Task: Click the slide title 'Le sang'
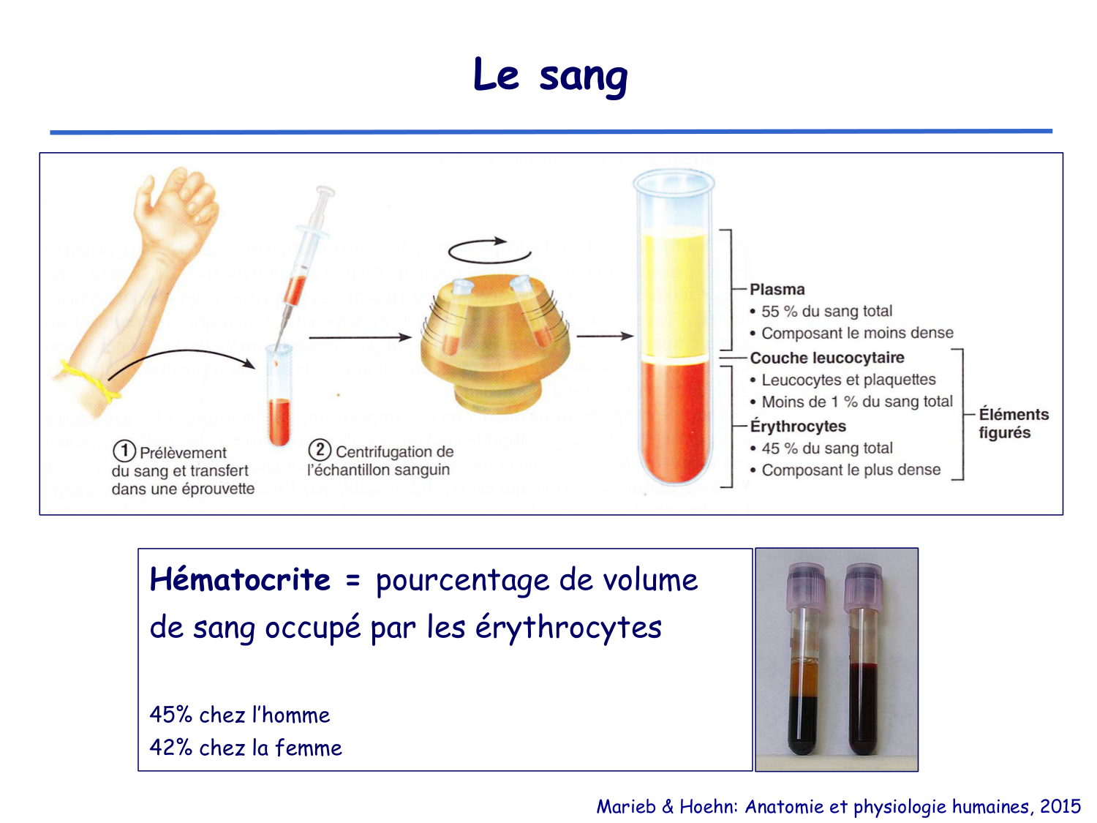550,75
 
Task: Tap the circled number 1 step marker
124,451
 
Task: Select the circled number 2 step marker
320,450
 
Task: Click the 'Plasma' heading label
777,290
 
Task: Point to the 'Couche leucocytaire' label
826,358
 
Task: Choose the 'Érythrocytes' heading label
797,426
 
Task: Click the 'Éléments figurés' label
1013,424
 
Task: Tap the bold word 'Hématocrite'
240,580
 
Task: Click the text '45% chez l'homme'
239,715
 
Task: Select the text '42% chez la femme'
246,748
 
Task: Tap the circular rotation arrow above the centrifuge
489,250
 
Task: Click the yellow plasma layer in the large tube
674,293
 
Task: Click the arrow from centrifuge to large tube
605,336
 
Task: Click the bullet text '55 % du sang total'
826,312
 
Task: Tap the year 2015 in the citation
1060,806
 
